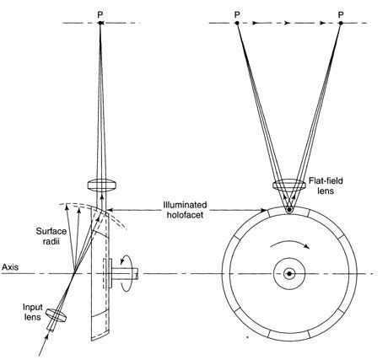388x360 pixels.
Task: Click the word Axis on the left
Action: pos(10,266)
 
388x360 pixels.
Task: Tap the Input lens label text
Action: pos(32,312)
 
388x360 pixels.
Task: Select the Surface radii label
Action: pos(51,236)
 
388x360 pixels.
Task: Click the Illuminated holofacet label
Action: pos(185,209)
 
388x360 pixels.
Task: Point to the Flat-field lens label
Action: pos(326,185)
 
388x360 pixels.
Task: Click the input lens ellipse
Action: pos(57,315)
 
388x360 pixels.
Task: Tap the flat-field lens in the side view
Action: pos(101,185)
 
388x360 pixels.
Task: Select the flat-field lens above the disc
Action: pos(289,185)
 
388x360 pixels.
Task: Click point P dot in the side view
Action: pos(100,23)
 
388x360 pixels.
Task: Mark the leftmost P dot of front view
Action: pos(237,23)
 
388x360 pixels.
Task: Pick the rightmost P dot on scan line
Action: pos(341,23)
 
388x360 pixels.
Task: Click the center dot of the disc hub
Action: pos(289,273)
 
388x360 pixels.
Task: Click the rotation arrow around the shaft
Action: pos(126,272)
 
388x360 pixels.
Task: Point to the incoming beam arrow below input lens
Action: pos(45,344)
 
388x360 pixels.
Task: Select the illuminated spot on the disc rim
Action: pos(289,210)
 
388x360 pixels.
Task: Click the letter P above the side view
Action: pos(100,14)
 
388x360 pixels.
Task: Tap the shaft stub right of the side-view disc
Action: pos(125,273)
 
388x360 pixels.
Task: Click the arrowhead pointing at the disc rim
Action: pos(264,210)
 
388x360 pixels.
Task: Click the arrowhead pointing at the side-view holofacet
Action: pos(110,210)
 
